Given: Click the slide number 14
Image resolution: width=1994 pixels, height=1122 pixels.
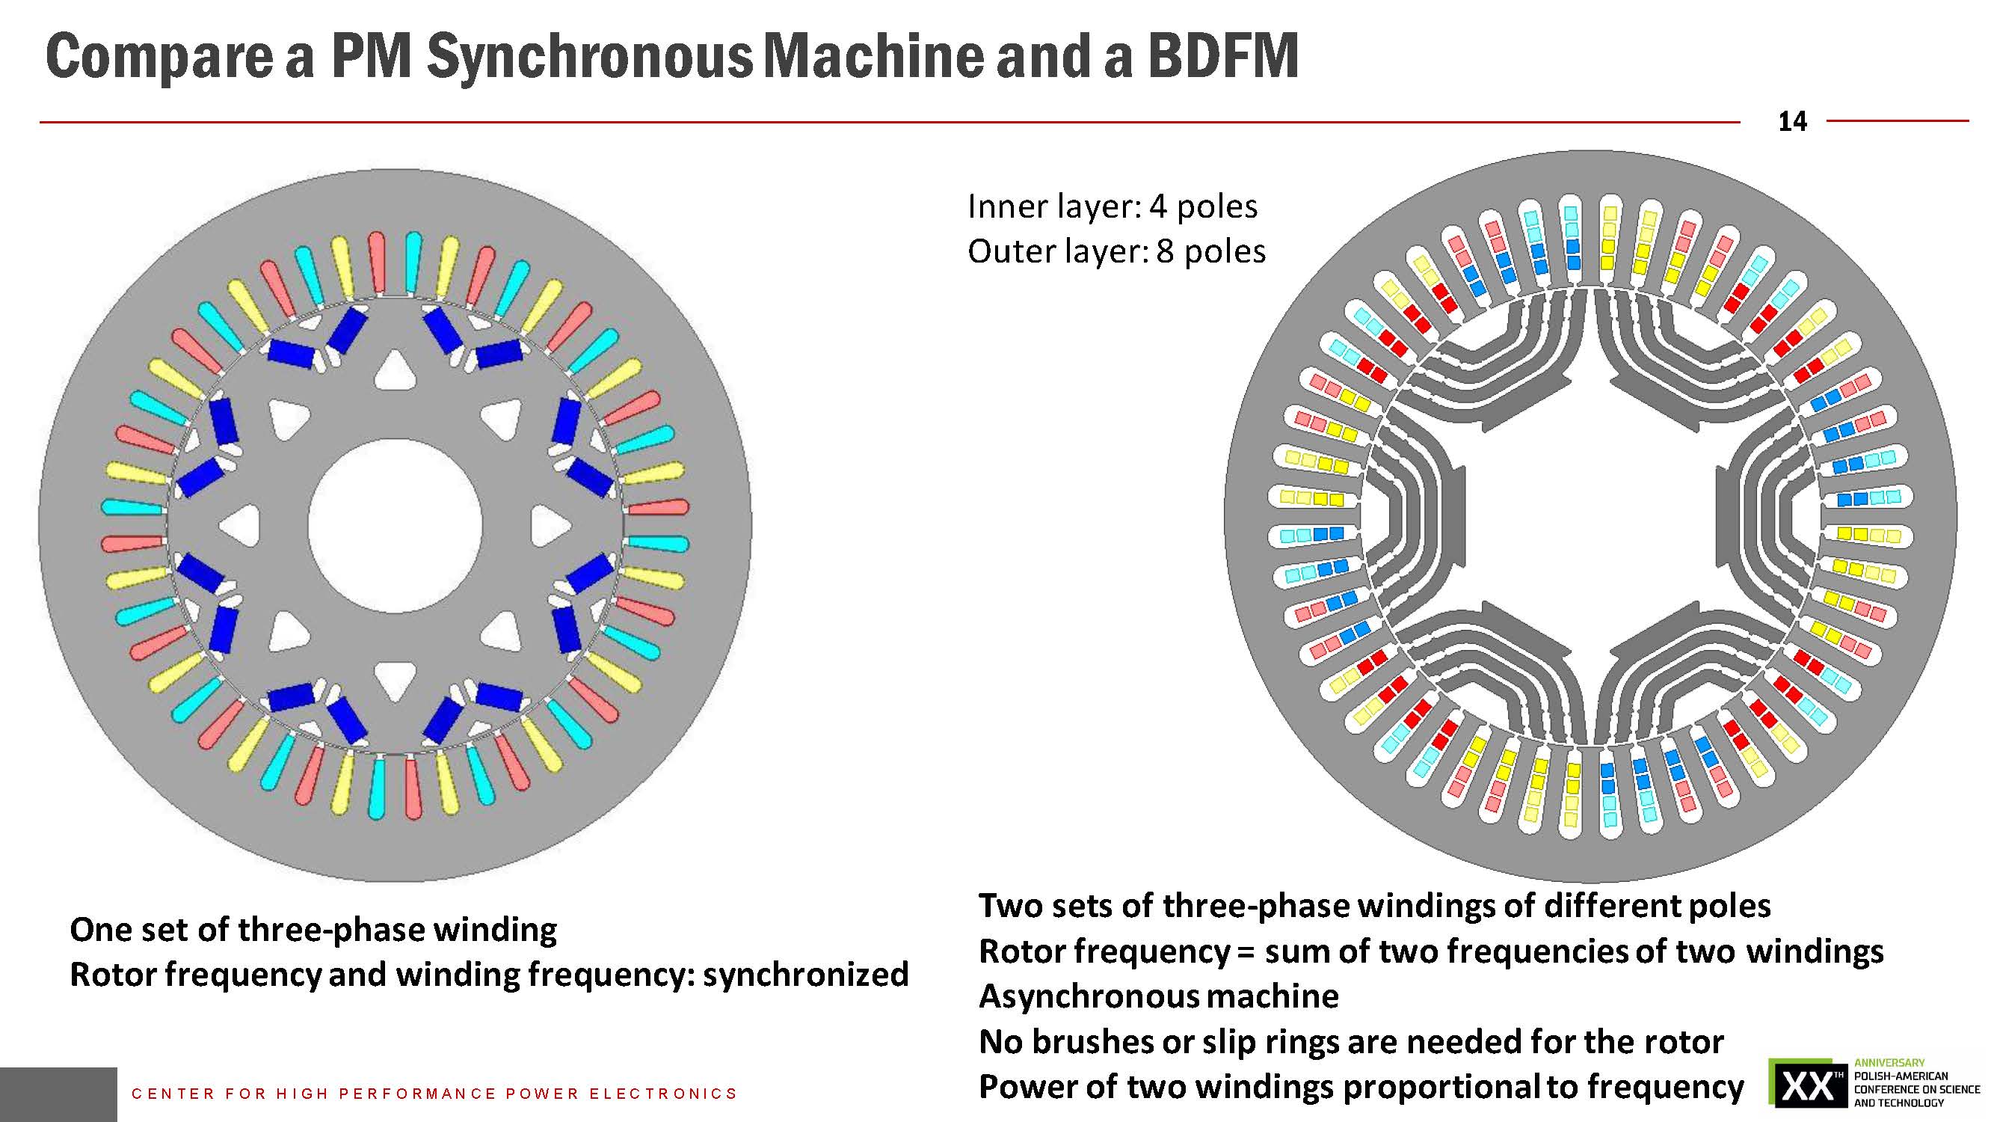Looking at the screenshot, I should click(x=1792, y=122).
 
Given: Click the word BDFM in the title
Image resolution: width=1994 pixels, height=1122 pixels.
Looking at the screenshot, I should click(x=1222, y=56).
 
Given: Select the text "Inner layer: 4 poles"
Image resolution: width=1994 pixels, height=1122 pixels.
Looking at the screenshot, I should click(x=1113, y=206).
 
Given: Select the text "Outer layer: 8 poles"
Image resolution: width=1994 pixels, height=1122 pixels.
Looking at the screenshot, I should click(x=1116, y=251).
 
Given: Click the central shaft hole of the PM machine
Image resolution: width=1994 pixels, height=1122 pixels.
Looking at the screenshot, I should click(x=395, y=526).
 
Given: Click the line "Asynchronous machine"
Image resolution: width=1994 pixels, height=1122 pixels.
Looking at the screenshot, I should click(x=1158, y=996).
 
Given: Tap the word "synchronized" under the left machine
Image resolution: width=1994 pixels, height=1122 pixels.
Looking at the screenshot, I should click(x=805, y=975).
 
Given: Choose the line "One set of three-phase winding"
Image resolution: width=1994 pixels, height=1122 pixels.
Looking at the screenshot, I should click(x=313, y=930).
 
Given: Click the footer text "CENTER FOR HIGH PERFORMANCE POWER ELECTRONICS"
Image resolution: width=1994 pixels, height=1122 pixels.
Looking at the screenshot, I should click(x=434, y=1094).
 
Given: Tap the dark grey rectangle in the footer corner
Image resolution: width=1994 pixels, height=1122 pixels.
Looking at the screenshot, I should click(x=58, y=1094).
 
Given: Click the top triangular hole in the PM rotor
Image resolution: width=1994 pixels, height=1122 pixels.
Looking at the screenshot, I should click(x=395, y=370).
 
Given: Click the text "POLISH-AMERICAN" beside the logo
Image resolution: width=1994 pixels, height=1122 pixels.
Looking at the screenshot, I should click(x=1901, y=1076).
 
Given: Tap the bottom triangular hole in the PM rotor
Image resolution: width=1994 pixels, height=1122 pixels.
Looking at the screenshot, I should click(x=395, y=680).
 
